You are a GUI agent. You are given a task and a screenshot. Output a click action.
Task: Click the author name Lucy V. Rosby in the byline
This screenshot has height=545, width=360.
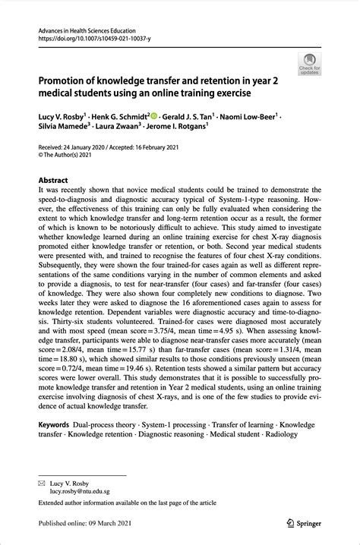pos(65,117)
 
